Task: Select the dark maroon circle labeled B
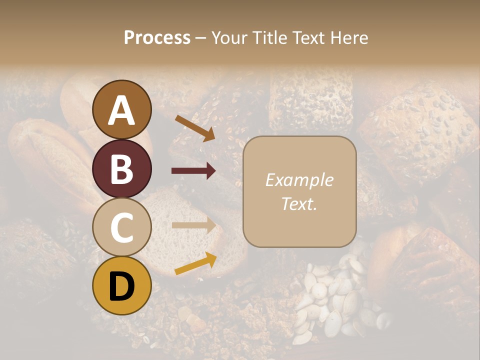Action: (121, 168)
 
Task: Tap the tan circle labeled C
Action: (121, 227)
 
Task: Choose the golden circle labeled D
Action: (121, 285)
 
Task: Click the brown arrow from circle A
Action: (195, 128)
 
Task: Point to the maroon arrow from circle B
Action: (193, 171)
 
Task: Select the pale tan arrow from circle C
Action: (193, 225)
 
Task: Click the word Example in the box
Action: (299, 180)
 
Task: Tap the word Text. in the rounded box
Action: (299, 203)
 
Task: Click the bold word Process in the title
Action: (157, 37)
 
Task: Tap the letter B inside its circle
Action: (121, 168)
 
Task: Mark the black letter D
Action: (121, 286)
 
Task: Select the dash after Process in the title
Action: (200, 38)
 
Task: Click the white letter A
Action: (121, 110)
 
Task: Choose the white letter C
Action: (121, 227)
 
